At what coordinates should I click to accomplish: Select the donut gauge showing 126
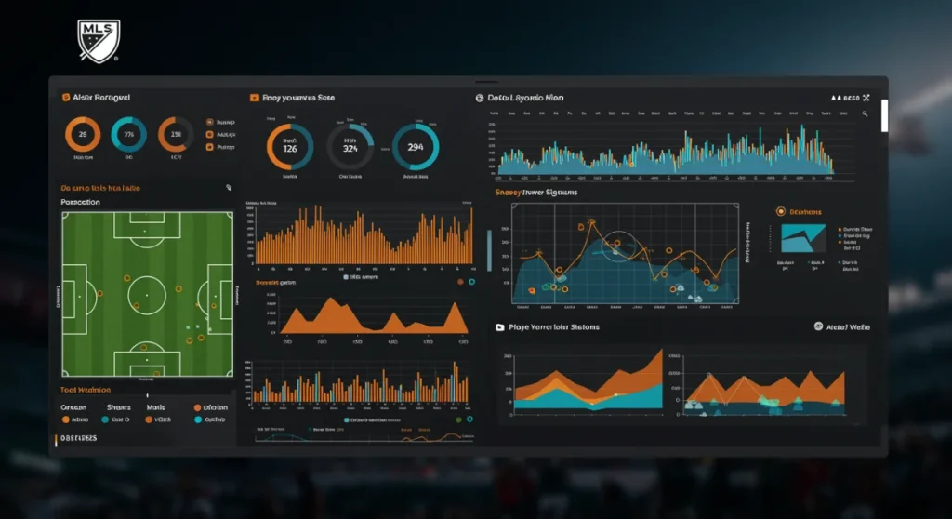(290, 147)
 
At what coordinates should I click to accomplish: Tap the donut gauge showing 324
(350, 147)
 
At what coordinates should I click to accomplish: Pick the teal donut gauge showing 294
(415, 147)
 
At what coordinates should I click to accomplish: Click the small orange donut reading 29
(83, 135)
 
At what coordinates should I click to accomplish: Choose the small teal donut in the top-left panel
(128, 135)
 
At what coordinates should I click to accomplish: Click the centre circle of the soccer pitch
(147, 295)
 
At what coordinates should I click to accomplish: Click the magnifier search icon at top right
(865, 113)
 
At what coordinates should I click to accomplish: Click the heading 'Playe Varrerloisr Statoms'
(554, 327)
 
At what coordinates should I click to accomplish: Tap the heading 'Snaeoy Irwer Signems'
(535, 193)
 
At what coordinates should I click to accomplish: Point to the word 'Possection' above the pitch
(80, 202)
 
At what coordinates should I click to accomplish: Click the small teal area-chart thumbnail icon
(802, 238)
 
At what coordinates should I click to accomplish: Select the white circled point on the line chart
(614, 247)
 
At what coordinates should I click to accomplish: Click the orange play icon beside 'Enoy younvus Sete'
(254, 97)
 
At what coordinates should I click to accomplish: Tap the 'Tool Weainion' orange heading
(86, 390)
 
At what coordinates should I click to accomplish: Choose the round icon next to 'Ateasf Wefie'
(818, 326)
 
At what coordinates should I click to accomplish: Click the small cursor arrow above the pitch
(228, 188)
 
